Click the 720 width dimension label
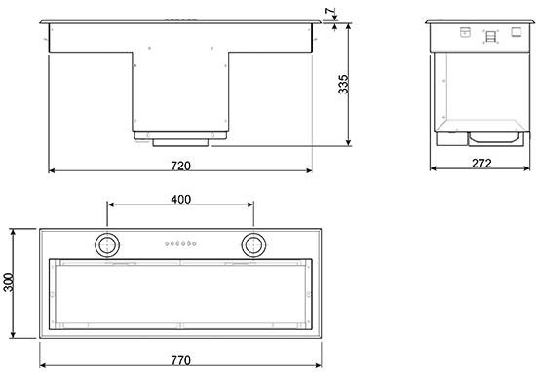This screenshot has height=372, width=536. [180, 166]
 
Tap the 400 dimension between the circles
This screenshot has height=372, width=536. [180, 198]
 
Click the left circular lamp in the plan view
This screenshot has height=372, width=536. [106, 243]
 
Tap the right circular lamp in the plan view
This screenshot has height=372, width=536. [253, 243]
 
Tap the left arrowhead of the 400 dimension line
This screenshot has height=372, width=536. [110, 205]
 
